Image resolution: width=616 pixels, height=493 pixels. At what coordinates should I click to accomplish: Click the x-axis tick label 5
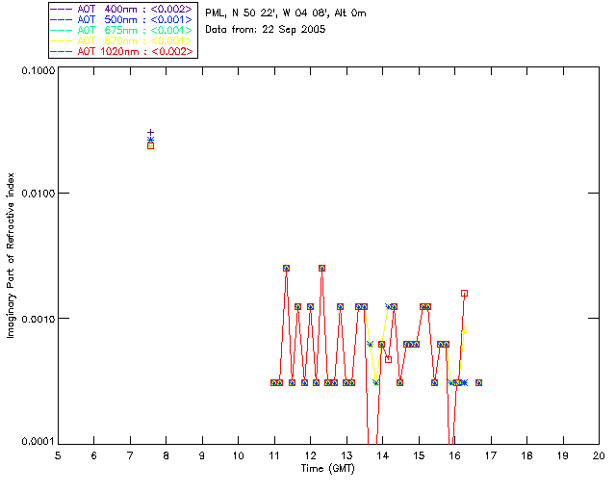(58, 454)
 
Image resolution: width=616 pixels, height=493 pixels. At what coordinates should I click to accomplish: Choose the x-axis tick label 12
(310, 454)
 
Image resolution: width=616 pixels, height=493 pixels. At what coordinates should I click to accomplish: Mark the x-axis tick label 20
(599, 454)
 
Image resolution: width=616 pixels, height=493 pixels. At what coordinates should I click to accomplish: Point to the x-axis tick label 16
(454, 454)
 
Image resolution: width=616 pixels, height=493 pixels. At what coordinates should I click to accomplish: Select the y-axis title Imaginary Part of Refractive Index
(13, 256)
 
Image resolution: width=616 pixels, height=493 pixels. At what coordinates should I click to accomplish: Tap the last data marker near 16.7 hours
(478, 382)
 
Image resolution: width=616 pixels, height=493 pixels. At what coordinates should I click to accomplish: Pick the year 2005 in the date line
(311, 29)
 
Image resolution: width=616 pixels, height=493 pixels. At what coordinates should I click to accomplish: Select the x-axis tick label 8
(166, 454)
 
